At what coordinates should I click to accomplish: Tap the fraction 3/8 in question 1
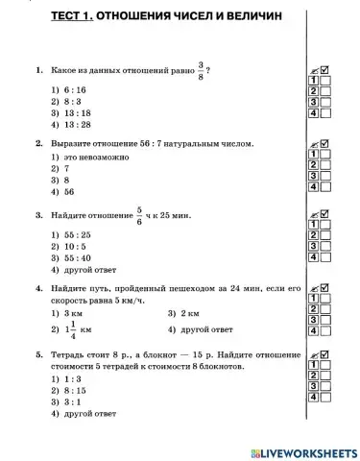(201, 70)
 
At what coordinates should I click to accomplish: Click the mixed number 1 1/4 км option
(77, 328)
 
